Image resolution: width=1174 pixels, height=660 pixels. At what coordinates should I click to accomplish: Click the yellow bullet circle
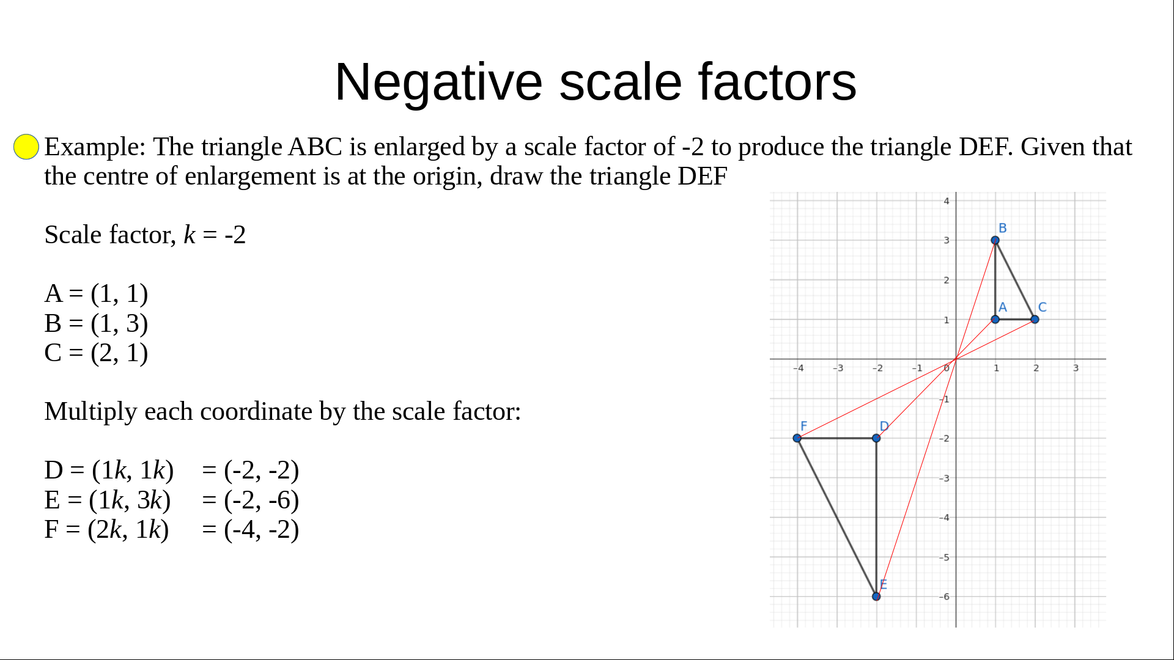[26, 147]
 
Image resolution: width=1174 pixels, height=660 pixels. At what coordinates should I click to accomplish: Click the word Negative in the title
[438, 82]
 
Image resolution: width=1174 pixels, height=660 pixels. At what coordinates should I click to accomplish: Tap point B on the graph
[995, 240]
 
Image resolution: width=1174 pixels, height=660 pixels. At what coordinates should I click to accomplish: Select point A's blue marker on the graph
[995, 319]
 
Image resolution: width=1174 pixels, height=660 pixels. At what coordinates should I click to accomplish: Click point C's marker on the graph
[1035, 319]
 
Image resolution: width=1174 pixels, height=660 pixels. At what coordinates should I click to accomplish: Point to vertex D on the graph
[876, 438]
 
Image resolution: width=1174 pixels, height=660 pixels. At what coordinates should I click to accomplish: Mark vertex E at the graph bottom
[876, 596]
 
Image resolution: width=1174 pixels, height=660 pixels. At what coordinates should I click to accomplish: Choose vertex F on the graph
[797, 438]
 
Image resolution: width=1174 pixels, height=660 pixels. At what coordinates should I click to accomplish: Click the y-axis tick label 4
[947, 201]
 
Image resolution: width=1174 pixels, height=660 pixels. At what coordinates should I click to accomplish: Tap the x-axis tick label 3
[1076, 368]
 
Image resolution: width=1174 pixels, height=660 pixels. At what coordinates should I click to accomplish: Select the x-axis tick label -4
[799, 368]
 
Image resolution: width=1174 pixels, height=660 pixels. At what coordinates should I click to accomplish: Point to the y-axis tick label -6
[945, 596]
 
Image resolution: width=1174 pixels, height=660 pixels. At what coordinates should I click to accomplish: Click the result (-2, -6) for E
[262, 501]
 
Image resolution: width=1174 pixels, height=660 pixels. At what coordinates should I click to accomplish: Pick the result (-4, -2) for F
[262, 530]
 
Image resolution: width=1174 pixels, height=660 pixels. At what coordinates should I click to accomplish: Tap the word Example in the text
[95, 147]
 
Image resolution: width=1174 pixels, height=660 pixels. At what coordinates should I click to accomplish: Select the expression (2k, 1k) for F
[128, 530]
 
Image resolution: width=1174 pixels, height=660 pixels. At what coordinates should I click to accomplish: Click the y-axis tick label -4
[945, 518]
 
